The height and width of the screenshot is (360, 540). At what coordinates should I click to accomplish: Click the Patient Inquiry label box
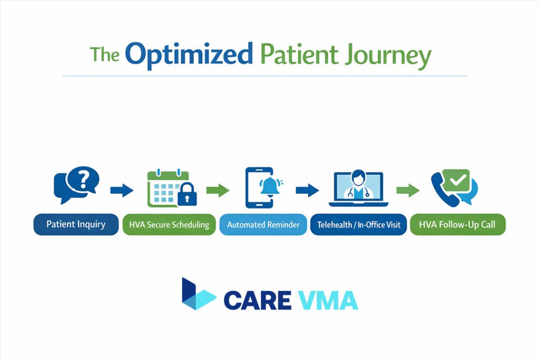(x=76, y=225)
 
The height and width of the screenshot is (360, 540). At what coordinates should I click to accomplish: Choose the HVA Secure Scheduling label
(x=169, y=225)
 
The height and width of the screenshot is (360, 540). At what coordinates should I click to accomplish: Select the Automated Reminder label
(x=263, y=225)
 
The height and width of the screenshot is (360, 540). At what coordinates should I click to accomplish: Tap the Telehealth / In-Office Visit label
(x=359, y=225)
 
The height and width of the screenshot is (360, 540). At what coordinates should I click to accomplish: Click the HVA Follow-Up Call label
(x=457, y=225)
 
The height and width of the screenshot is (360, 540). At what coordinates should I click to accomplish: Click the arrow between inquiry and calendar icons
(x=121, y=190)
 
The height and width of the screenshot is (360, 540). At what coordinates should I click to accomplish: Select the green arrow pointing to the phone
(x=218, y=190)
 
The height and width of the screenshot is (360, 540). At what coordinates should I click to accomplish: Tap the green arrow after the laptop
(x=407, y=190)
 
